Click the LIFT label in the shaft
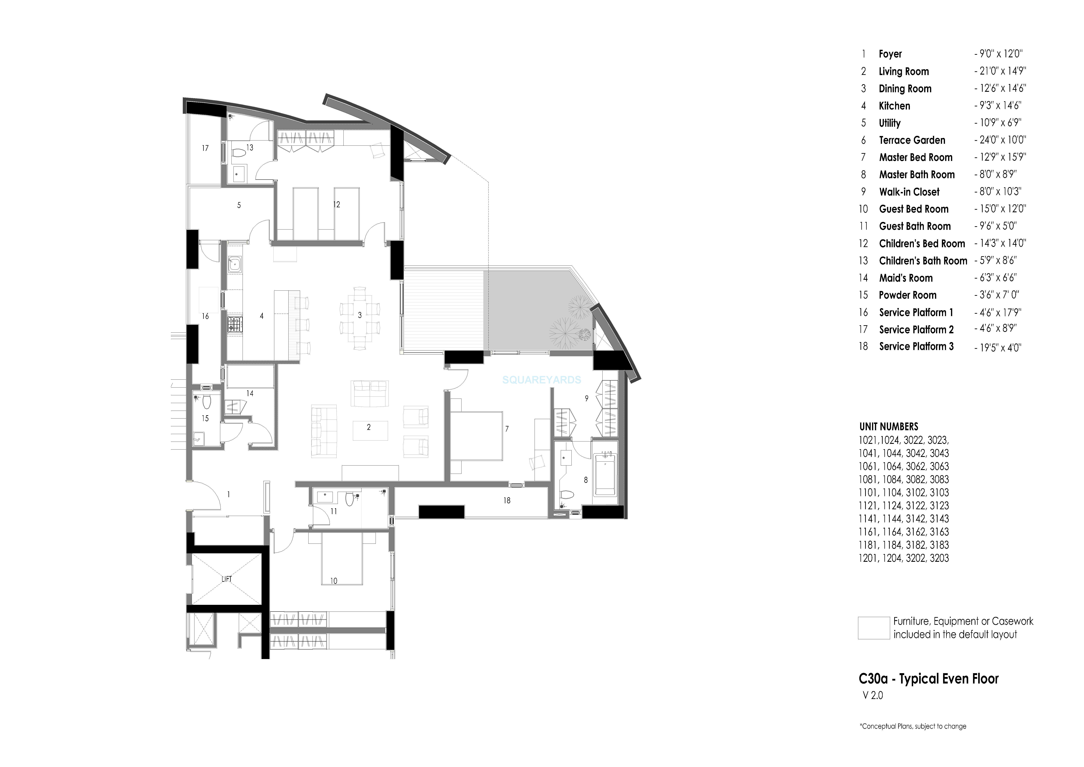227,579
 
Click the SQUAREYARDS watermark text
541,380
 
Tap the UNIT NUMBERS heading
889,426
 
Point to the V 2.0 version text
873,696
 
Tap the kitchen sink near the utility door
234,264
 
